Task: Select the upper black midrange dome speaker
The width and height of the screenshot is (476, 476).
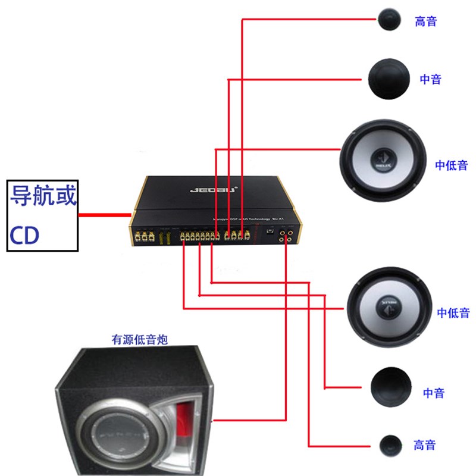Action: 390,79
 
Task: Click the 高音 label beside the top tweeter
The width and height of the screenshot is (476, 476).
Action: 426,21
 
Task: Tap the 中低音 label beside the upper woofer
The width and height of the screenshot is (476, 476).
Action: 451,165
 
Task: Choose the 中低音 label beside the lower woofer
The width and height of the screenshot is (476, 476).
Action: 453,312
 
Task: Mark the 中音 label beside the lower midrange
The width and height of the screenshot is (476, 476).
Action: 434,393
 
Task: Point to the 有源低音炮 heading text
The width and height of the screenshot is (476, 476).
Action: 139,340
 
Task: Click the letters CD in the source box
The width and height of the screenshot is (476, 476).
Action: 24,236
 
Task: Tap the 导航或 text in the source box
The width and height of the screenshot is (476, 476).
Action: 42,196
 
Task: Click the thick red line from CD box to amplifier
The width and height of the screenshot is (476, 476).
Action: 105,214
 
